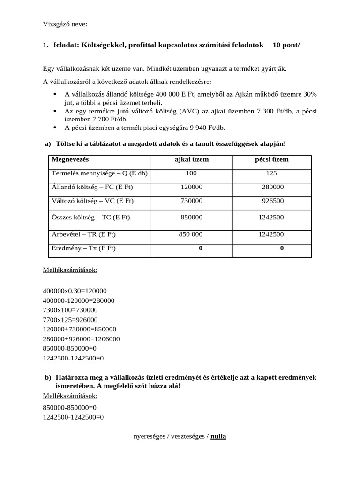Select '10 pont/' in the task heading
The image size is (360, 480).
coord(286,45)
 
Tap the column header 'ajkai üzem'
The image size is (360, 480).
coord(191,159)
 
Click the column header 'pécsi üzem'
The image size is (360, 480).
coord(271,159)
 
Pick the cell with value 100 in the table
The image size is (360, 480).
coord(191,173)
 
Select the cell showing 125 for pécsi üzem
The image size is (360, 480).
coord(271,173)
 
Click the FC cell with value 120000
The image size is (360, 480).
coord(191,187)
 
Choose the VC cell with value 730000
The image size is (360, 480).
coord(191,200)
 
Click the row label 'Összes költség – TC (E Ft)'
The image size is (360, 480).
coord(91,217)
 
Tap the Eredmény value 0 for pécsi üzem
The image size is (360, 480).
coord(282,248)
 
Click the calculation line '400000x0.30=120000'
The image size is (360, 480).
coord(75,291)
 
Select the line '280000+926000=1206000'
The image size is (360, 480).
coord(81,339)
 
